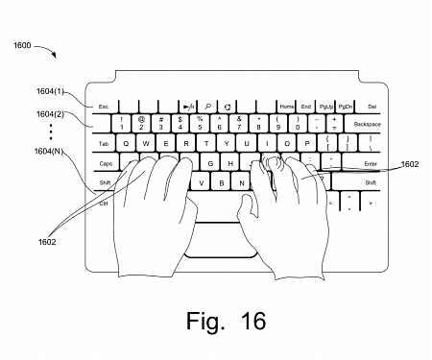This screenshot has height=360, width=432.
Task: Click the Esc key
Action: point(103,107)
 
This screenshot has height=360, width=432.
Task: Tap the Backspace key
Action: point(366,125)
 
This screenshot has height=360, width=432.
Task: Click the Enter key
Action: point(363,164)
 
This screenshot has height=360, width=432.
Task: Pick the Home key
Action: point(287,107)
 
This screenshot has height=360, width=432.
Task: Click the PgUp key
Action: point(326,107)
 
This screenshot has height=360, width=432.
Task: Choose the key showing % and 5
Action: point(200,123)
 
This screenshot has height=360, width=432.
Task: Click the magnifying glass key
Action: point(207,107)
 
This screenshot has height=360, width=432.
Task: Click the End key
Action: point(306,107)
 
